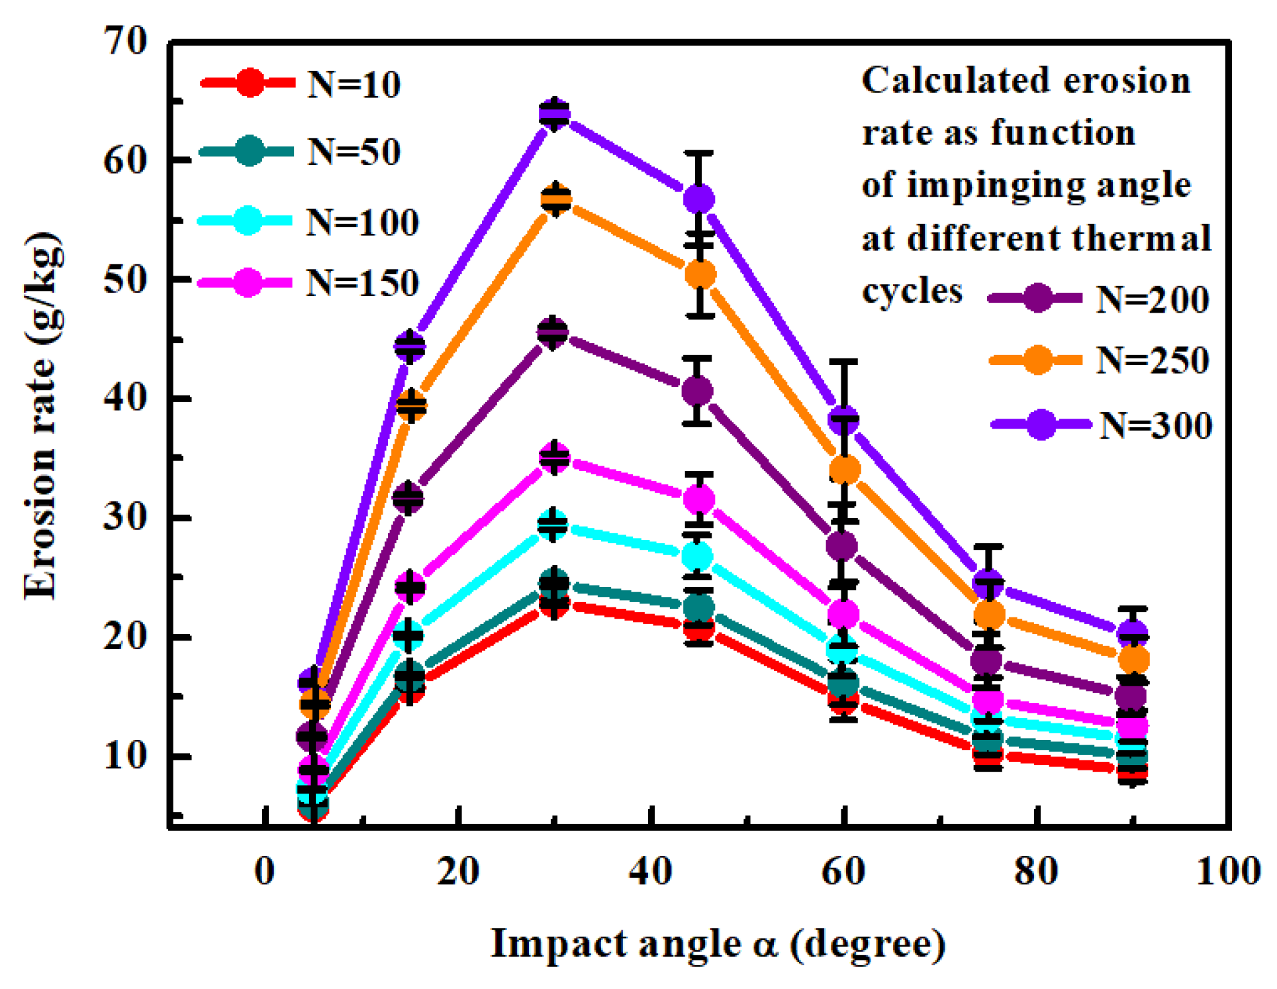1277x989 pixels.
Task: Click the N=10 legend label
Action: (x=354, y=85)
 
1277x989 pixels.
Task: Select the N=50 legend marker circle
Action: (x=249, y=152)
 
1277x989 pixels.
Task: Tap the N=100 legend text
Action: (x=362, y=222)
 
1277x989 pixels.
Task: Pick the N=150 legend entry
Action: (x=362, y=283)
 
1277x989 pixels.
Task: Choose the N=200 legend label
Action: (x=1153, y=299)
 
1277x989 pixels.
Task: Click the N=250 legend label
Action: (x=1153, y=360)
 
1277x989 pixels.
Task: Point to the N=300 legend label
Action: (x=1156, y=425)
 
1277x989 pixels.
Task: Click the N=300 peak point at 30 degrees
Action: (x=555, y=114)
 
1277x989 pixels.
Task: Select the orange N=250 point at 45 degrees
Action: (x=700, y=274)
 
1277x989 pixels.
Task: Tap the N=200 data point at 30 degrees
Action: (x=553, y=332)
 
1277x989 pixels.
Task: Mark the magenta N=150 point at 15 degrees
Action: (x=410, y=586)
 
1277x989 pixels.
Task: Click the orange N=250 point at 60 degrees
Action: (x=844, y=470)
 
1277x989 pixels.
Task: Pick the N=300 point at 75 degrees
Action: (x=988, y=582)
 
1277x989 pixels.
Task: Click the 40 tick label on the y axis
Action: (x=125, y=399)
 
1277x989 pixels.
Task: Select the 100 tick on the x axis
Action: (x=1228, y=872)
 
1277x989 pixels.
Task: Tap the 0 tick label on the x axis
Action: (x=265, y=872)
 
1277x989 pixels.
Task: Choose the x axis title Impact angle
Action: (x=718, y=944)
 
